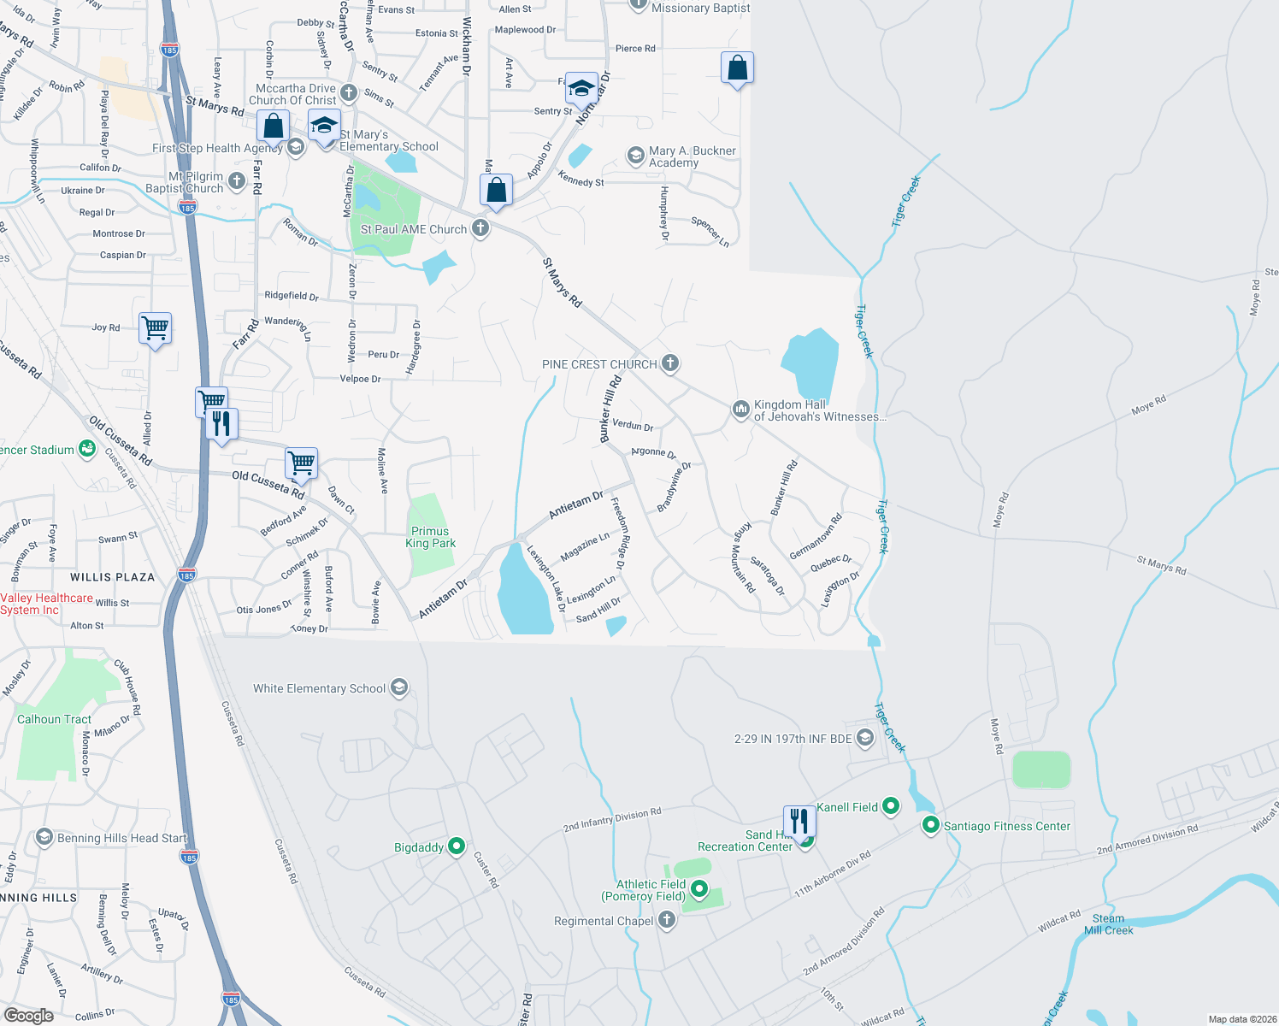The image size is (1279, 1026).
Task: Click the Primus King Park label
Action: (x=430, y=537)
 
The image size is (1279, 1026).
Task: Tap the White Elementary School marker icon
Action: (x=399, y=688)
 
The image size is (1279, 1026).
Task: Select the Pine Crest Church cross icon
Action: (x=670, y=363)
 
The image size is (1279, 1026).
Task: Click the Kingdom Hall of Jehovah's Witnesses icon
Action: (x=740, y=410)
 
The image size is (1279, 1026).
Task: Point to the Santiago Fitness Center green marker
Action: (x=930, y=825)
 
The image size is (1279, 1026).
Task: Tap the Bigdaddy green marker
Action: (x=457, y=846)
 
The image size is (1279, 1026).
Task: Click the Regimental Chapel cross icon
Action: (x=667, y=920)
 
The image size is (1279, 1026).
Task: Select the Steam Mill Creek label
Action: (x=1108, y=924)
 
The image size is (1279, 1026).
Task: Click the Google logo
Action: (x=29, y=1015)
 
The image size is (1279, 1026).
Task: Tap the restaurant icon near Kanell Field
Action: (x=799, y=822)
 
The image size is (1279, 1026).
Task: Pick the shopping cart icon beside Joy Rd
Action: (x=156, y=327)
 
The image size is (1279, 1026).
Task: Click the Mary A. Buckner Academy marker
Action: (x=635, y=156)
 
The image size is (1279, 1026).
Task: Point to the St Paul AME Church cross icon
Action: (x=480, y=228)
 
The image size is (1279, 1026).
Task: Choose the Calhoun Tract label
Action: (x=54, y=719)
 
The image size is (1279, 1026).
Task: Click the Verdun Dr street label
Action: (x=633, y=425)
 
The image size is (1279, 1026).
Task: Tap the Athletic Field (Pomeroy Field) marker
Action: (x=699, y=889)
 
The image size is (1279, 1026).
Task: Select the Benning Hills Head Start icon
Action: (x=44, y=838)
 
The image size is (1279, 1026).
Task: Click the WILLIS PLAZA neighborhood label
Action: (x=113, y=577)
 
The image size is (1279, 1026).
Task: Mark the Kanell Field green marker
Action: (x=891, y=806)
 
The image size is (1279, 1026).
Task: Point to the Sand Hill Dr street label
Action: (x=598, y=610)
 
